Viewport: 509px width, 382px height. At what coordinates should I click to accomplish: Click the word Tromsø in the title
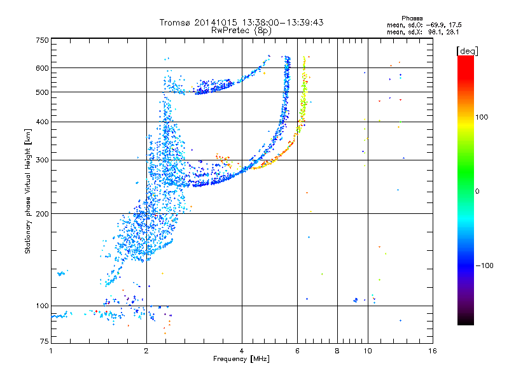[x=174, y=22]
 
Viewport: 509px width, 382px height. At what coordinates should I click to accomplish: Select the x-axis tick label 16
[x=432, y=351]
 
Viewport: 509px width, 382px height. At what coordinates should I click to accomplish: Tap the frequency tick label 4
[x=242, y=351]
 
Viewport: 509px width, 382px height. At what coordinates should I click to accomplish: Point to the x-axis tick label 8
[x=337, y=351]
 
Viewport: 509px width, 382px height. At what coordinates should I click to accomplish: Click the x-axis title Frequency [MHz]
[x=242, y=360]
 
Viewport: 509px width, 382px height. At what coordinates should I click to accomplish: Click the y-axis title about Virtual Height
[x=28, y=191]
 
